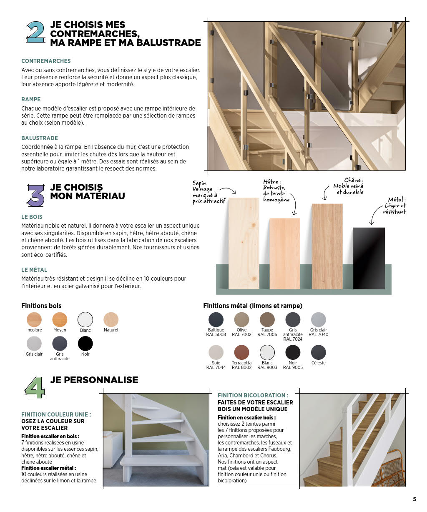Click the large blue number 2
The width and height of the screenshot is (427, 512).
pos(35,33)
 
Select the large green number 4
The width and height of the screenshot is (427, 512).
pos(35,387)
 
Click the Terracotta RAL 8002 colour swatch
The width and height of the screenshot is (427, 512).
pos(241,352)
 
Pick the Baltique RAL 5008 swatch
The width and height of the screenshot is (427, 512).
pos(216,320)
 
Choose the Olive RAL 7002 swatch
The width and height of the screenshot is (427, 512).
pos(241,320)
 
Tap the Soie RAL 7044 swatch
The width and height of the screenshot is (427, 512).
pos(216,352)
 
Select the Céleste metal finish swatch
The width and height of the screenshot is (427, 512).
pos(318,352)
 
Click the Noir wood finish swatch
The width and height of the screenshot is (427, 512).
pos(85,344)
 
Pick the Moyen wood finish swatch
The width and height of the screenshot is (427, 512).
pos(60,320)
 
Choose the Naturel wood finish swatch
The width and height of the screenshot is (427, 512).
pos(111,320)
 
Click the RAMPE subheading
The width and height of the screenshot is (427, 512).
pos(31,99)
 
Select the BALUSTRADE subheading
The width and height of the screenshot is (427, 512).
pos(40,138)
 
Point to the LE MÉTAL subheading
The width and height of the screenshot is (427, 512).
pos(34,270)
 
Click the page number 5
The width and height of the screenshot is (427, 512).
pos(414,499)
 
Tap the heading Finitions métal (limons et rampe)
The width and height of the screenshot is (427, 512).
pos(253,306)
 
